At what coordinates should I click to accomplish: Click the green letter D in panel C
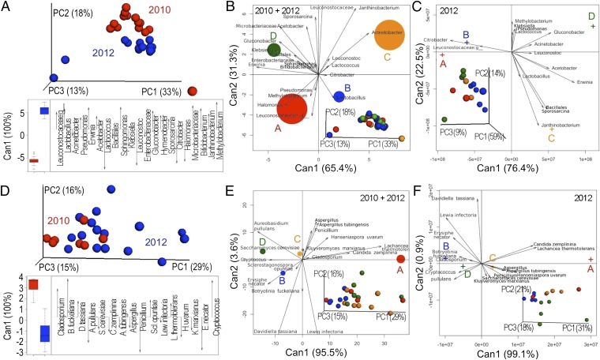(x=591, y=16)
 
